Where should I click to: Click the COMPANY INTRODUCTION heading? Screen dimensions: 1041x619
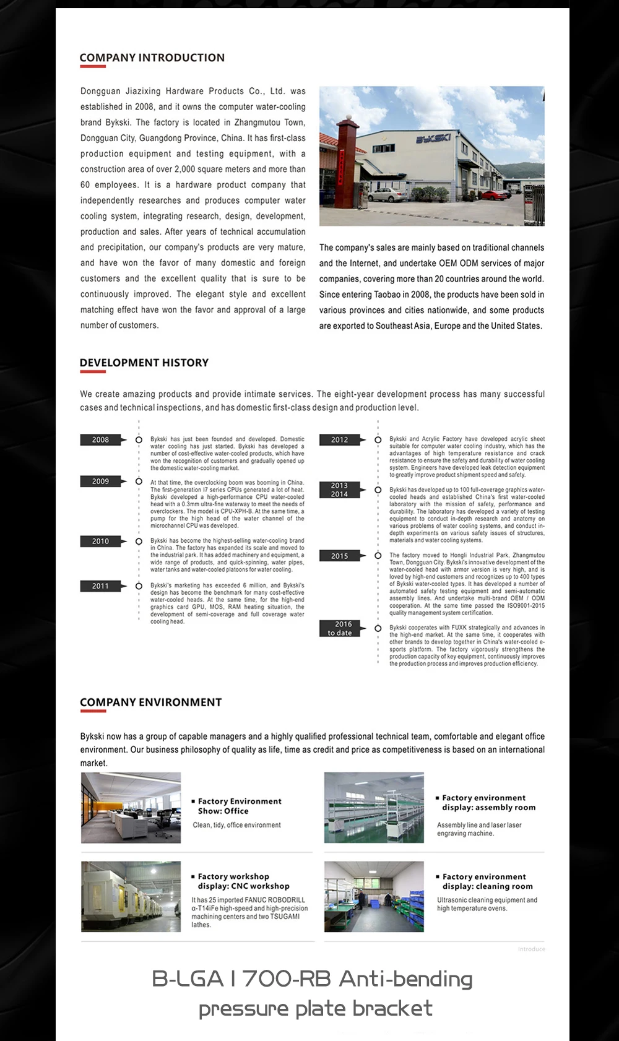click(152, 58)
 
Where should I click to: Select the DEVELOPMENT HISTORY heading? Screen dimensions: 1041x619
click(144, 363)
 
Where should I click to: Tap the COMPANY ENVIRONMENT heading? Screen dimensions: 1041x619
click(150, 702)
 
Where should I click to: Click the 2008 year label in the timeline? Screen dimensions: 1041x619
click(100, 439)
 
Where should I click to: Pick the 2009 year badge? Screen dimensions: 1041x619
click(100, 482)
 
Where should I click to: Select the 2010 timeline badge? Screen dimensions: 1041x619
click(100, 542)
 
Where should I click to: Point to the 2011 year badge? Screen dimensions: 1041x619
click(100, 586)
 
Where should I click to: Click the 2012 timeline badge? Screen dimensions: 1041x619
click(339, 440)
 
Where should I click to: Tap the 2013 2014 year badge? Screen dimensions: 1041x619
click(339, 490)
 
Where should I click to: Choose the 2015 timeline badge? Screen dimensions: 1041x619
click(339, 556)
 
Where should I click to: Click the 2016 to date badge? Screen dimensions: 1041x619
click(339, 629)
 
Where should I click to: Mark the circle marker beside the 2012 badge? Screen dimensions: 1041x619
click(378, 440)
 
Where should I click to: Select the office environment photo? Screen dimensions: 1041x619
click(131, 808)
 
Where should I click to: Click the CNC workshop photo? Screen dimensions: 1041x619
click(131, 897)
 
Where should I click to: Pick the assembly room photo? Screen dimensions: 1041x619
click(374, 808)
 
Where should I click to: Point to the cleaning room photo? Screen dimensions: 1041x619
click(374, 897)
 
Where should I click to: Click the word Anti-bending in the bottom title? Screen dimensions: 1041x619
click(405, 979)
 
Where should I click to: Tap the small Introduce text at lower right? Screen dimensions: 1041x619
click(532, 949)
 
